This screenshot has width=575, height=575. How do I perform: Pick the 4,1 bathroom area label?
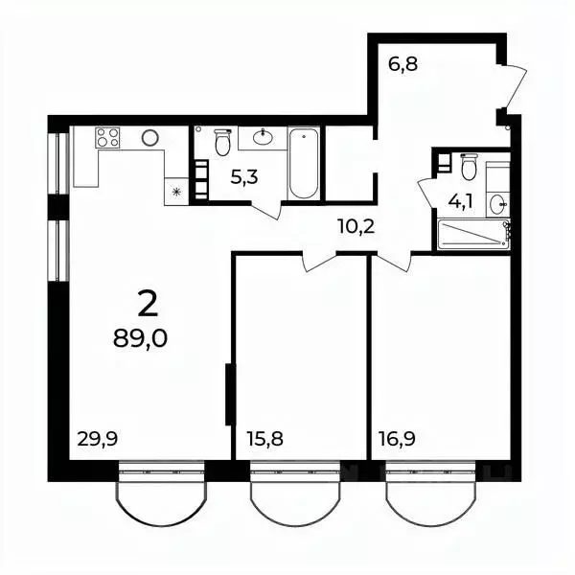pyautogui.click(x=461, y=202)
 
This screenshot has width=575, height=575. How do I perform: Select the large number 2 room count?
pyautogui.click(x=148, y=304)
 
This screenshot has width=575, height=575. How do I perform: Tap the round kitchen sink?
pyautogui.click(x=150, y=138)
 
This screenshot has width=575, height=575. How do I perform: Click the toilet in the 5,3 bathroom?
pyautogui.click(x=222, y=143)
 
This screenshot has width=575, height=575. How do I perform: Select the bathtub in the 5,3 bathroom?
pyautogui.click(x=302, y=164)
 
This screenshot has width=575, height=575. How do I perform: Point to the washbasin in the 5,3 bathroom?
pyautogui.click(x=263, y=138)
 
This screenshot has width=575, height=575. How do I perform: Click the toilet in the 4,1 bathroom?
pyautogui.click(x=469, y=168)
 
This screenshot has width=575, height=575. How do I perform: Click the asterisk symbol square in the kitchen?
pyautogui.click(x=176, y=192)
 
